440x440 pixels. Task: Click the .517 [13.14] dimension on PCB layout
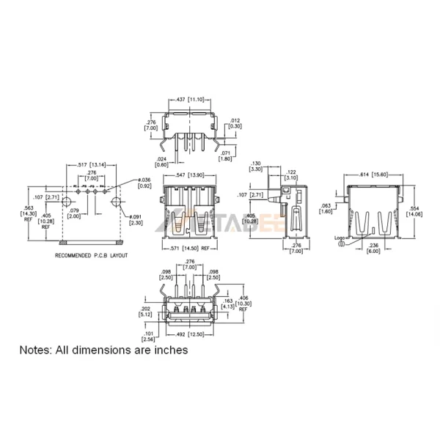[x=92, y=164]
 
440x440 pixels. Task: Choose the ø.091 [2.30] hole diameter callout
[x=136, y=219]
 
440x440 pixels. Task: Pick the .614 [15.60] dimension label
[x=374, y=175]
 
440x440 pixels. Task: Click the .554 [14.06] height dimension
[x=414, y=212]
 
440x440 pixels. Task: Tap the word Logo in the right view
[x=340, y=238]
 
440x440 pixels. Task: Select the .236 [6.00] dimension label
[x=374, y=248]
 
